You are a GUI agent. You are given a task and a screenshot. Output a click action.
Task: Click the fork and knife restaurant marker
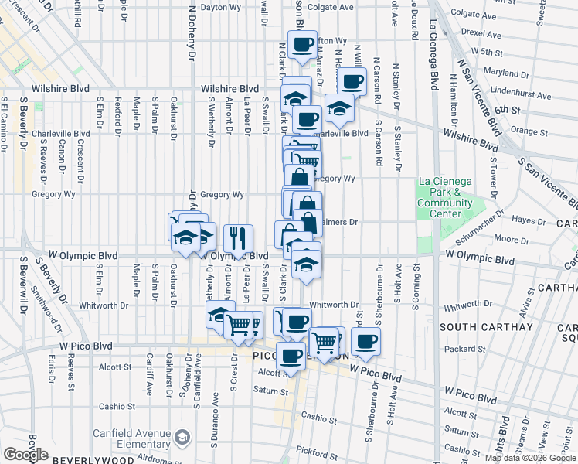coord(238,237)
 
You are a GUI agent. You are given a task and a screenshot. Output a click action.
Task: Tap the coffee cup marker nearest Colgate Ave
coord(301,43)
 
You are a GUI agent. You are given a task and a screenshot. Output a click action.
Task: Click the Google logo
coord(26,454)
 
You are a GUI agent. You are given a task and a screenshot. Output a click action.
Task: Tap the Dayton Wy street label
coord(219,7)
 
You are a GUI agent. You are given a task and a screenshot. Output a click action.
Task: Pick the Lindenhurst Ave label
coord(518,91)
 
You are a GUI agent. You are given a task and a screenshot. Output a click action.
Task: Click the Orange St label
coord(529,131)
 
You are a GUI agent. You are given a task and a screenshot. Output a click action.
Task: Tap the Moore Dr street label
coord(512,240)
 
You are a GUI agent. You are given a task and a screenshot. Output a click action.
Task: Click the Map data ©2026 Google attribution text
coord(529,458)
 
